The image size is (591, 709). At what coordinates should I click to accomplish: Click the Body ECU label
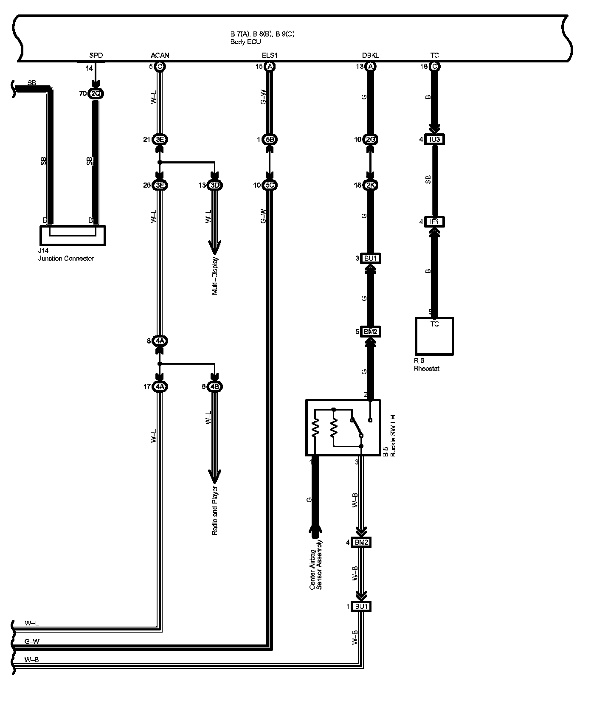click(245, 42)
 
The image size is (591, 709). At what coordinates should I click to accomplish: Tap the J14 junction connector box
click(72, 235)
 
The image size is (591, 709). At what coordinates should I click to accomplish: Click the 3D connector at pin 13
click(214, 185)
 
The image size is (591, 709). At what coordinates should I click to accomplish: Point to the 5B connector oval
click(270, 139)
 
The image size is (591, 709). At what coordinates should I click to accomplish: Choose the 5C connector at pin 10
click(270, 185)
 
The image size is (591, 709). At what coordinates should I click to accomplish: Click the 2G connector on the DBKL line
click(371, 139)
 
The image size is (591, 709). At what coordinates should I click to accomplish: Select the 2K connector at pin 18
click(371, 185)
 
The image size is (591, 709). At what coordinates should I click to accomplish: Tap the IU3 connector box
click(435, 139)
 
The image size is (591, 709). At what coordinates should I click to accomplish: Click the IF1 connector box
click(435, 222)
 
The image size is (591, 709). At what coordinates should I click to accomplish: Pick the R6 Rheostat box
click(434, 336)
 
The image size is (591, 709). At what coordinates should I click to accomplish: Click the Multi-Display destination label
click(215, 276)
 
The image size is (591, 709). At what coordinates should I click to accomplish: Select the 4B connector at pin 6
click(214, 386)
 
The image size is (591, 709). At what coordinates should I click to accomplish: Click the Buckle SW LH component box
click(343, 428)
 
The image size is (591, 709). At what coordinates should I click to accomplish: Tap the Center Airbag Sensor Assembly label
click(316, 565)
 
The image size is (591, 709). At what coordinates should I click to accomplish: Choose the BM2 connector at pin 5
click(370, 332)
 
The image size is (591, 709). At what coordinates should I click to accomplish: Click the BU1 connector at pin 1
click(361, 606)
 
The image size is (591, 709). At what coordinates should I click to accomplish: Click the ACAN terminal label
click(160, 55)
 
